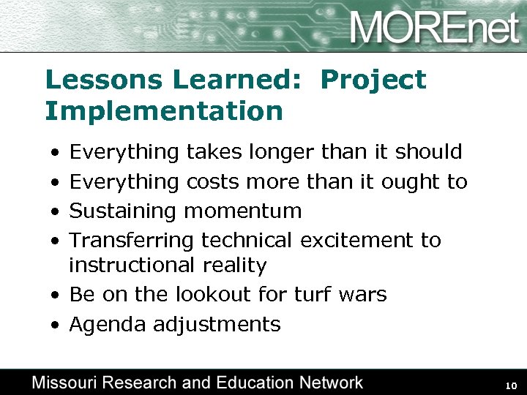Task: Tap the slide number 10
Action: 512,385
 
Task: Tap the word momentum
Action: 243,211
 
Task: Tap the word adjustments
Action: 217,325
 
